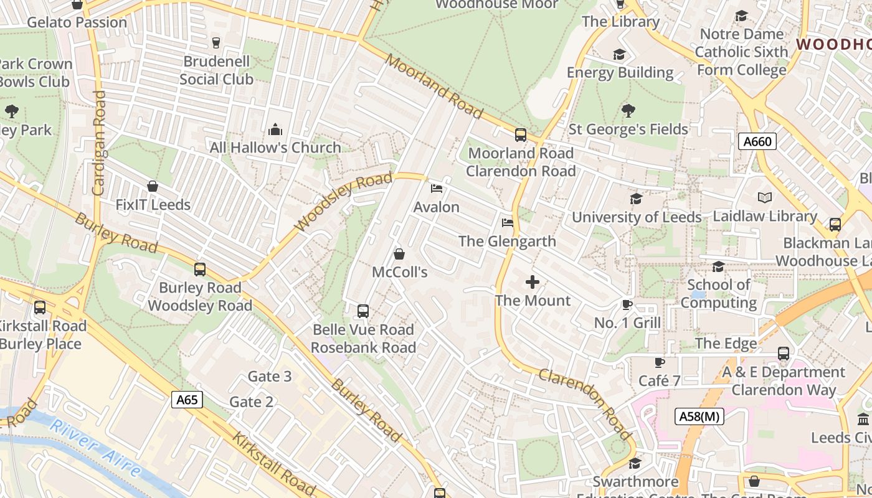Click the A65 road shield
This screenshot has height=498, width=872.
tap(187, 400)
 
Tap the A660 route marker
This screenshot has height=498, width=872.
tap(757, 142)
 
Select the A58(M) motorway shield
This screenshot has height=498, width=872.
tap(699, 416)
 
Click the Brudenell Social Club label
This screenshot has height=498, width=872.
tap(216, 70)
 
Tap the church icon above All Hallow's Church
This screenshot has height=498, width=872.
tap(275, 129)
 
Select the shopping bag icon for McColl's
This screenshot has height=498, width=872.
tap(399, 254)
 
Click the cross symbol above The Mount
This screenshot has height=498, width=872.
tap(533, 283)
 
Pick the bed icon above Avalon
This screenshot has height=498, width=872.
tap(437, 189)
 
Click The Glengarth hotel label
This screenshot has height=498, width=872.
tap(507, 241)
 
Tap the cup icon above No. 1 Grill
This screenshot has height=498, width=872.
tap(627, 304)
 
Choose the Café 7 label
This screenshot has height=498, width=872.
tap(659, 380)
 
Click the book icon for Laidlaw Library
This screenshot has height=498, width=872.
tap(765, 198)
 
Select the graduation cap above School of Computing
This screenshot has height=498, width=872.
tap(718, 266)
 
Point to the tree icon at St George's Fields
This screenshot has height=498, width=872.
tap(628, 111)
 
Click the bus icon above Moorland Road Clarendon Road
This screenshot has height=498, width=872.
tap(520, 134)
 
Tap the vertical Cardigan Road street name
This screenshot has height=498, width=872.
tap(98, 143)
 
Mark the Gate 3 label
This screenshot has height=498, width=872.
tap(269, 376)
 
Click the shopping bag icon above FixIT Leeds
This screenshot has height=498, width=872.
tap(153, 186)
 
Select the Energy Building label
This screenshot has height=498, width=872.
tap(620, 73)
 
